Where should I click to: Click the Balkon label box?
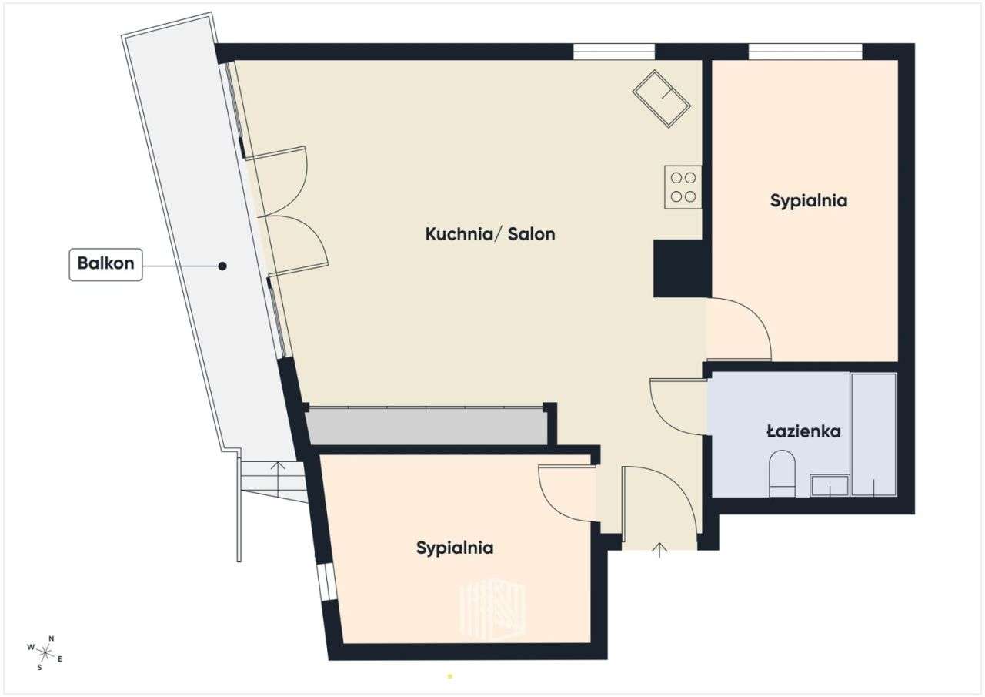105,264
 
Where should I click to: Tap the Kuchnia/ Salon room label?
490,234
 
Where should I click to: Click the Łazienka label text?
803,431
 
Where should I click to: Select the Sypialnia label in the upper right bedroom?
808,201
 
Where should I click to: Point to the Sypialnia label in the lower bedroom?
455,548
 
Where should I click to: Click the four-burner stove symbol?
683,187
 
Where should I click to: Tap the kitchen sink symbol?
661,98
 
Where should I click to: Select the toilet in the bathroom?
783,474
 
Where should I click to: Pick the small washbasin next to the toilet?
830,485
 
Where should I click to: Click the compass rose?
45,652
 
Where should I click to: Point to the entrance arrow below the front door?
659,549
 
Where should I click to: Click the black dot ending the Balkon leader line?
222,266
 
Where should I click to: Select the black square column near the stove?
681,268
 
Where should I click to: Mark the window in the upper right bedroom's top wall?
805,52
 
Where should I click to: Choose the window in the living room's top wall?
613,52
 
